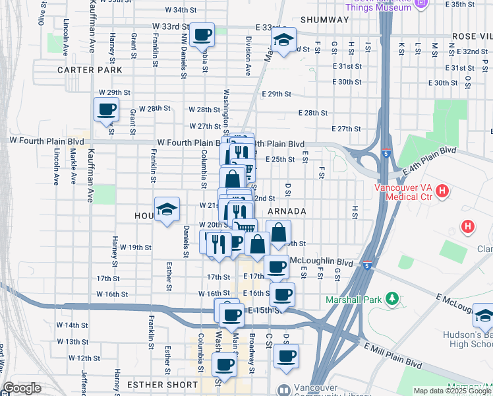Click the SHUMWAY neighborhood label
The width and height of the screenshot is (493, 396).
324,20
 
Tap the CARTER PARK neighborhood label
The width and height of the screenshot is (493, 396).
90,69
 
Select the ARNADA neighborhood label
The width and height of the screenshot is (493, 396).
287,211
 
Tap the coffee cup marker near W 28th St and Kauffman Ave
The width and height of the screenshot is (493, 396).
106,110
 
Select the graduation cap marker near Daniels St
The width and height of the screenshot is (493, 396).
167,210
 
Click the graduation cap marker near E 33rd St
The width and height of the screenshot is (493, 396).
283,42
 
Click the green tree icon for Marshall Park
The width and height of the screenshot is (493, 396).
393,299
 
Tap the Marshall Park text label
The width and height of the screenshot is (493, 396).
354,300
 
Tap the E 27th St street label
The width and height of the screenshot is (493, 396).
347,129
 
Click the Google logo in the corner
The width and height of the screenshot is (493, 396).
22,388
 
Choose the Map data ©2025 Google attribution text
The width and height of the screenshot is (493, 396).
452,391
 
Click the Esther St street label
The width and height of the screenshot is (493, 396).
169,277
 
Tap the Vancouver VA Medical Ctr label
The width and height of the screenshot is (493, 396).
403,192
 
